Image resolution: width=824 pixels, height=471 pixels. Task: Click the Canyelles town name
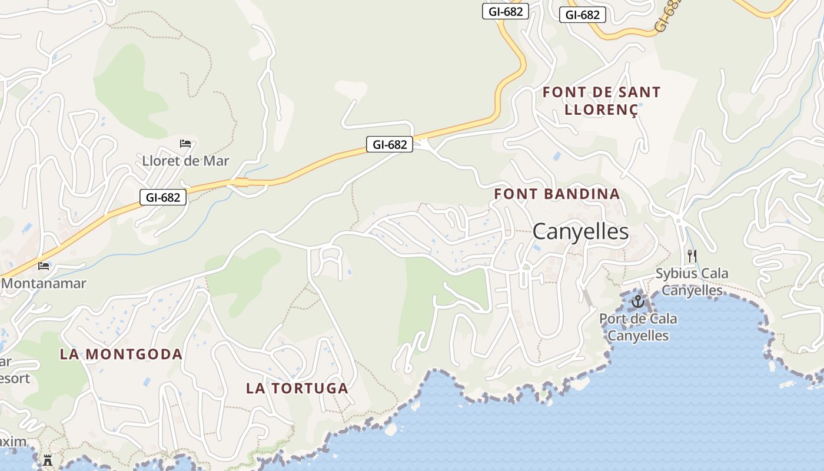point(580,232)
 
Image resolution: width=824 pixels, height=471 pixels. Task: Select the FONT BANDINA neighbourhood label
point(557,194)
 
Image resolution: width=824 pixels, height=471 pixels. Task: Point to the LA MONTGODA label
point(121,354)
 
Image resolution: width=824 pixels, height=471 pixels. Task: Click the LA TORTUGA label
point(297,388)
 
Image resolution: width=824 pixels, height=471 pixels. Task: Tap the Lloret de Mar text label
point(185,161)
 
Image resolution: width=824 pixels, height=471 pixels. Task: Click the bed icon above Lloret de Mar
point(185,143)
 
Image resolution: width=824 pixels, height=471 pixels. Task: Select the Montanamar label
point(44,283)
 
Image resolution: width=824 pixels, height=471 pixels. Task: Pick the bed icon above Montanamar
point(44,266)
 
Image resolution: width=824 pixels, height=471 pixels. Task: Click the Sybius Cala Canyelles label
point(692,281)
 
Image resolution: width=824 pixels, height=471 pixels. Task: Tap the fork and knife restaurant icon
point(692,256)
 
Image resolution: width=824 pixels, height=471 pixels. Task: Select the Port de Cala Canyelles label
point(638,327)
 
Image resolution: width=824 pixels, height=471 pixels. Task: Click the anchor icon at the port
point(638,302)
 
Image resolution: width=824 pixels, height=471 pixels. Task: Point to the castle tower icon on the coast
point(48,460)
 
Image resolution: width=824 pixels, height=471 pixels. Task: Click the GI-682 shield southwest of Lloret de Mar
point(163,197)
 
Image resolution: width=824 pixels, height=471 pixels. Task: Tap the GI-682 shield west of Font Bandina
point(390,144)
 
